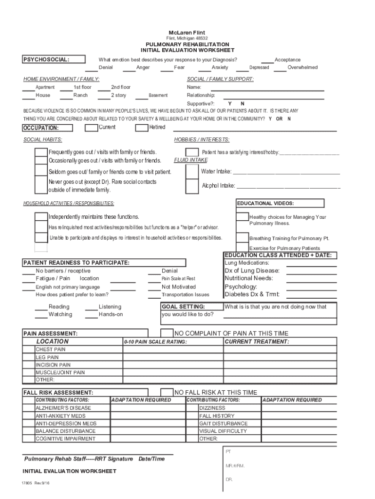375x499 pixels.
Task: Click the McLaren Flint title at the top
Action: tap(187, 32)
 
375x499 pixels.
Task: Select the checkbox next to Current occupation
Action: tap(91, 128)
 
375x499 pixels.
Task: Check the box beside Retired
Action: tap(142, 128)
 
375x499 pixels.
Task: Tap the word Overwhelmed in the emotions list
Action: tap(302, 67)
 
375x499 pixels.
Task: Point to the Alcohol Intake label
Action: tap(218, 186)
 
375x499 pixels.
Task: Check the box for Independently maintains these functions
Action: tap(41, 216)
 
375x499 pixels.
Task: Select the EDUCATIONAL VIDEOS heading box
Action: tap(280, 203)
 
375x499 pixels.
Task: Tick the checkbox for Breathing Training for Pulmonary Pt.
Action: tap(242, 238)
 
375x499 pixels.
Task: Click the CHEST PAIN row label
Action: tap(51, 349)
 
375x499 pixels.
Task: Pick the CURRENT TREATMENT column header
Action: tap(257, 342)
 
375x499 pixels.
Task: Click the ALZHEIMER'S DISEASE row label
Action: tap(63, 408)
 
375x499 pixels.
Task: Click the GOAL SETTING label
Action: tap(183, 307)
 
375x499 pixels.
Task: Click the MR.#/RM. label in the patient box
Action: tap(235, 466)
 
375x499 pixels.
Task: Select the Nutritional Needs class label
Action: tap(249, 278)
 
